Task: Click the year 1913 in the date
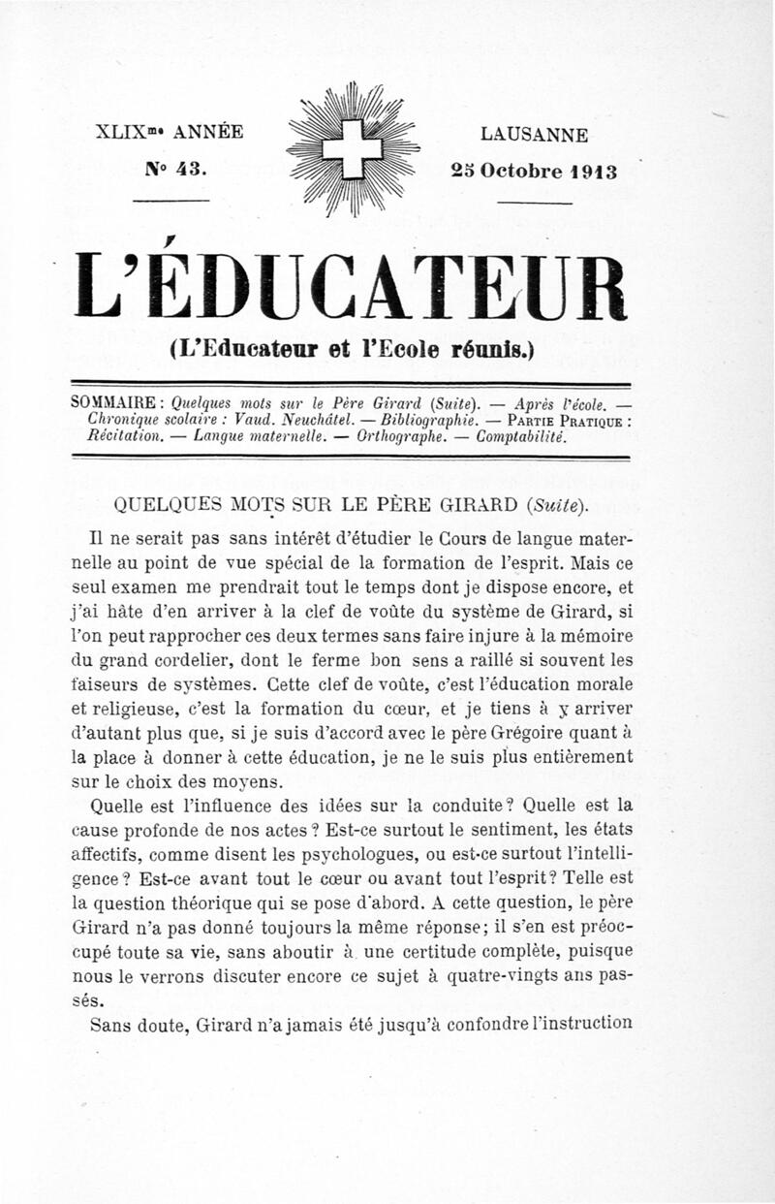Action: (593, 172)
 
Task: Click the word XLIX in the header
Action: (124, 133)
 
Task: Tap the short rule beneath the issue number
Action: (171, 201)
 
